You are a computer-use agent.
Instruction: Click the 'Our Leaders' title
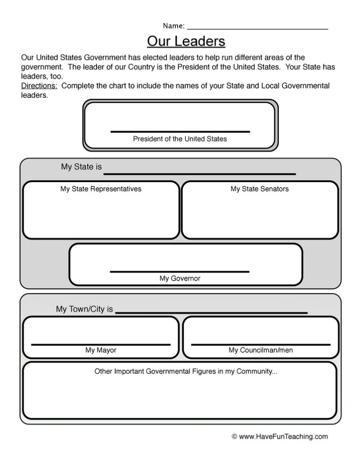click(x=186, y=42)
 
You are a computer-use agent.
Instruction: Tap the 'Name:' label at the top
click(x=173, y=25)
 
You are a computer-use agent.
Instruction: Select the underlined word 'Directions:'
click(x=40, y=86)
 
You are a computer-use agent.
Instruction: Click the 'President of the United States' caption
click(x=180, y=139)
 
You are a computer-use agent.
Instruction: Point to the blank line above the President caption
click(x=180, y=132)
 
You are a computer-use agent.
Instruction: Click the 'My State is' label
click(x=81, y=167)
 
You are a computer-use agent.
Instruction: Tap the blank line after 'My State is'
click(x=199, y=174)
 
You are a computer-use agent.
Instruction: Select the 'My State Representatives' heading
click(x=101, y=189)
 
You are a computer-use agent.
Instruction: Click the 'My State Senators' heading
click(x=260, y=189)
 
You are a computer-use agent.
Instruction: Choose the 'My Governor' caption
click(x=180, y=279)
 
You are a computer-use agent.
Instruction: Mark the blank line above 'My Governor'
click(x=180, y=271)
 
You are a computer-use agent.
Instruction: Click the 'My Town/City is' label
click(x=84, y=310)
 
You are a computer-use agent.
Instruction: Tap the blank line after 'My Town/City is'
click(x=211, y=312)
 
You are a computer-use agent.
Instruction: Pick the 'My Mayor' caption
click(x=101, y=350)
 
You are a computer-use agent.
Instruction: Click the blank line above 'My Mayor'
click(x=101, y=345)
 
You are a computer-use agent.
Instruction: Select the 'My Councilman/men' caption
click(x=261, y=350)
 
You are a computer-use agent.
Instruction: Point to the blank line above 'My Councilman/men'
click(x=261, y=345)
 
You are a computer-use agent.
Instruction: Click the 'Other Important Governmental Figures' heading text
click(x=186, y=371)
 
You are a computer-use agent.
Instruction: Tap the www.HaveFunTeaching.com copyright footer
click(x=280, y=436)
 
